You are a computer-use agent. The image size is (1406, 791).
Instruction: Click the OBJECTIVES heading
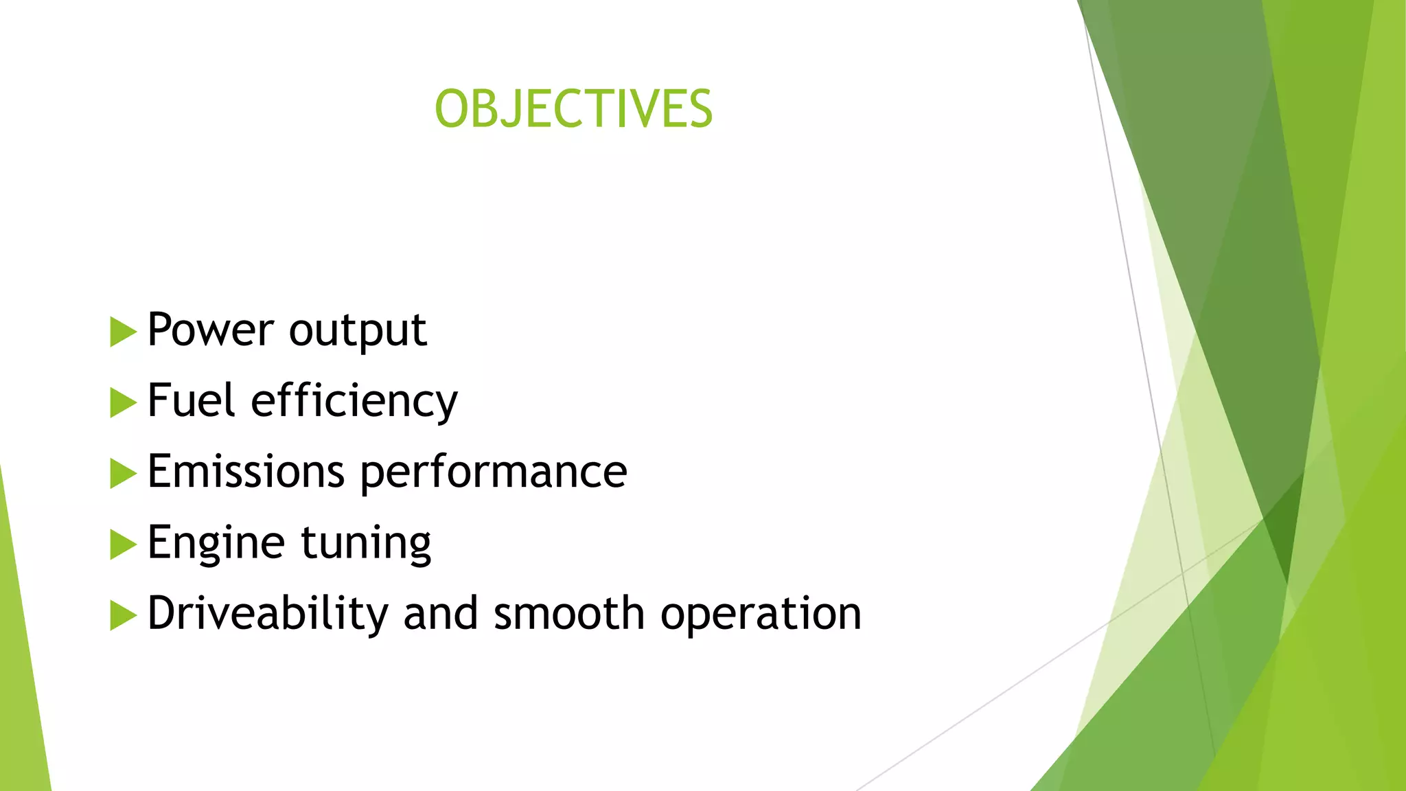click(574, 109)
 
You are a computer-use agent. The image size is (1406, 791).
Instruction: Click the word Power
click(210, 330)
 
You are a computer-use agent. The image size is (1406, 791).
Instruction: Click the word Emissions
click(246, 472)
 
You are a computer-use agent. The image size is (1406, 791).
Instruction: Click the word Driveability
click(268, 614)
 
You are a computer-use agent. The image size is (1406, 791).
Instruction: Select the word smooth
click(568, 613)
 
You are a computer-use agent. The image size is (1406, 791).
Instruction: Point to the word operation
click(760, 615)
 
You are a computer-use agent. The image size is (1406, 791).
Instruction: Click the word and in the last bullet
click(440, 613)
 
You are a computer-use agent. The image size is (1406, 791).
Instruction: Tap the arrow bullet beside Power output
click(122, 332)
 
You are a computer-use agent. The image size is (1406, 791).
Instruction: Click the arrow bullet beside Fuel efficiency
click(122, 403)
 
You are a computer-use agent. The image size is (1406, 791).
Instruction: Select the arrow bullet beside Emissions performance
click(122, 474)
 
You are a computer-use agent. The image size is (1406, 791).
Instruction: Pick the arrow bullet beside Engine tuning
click(122, 544)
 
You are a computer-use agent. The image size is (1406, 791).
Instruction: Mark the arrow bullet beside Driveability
click(122, 615)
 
